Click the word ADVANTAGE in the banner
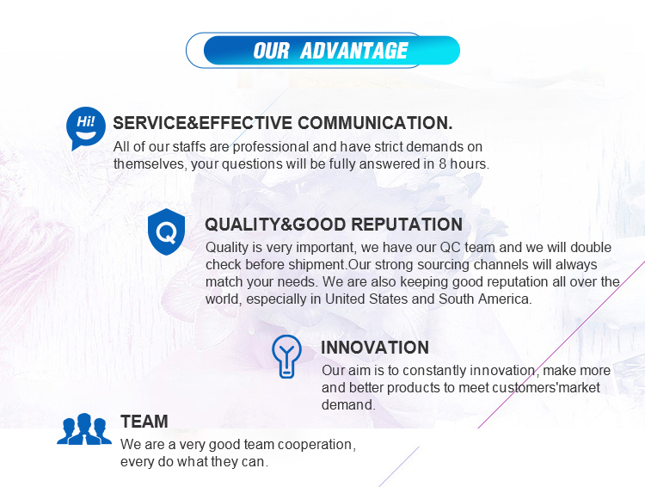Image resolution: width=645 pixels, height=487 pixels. pyautogui.click(x=353, y=51)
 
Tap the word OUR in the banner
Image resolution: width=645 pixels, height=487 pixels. pyautogui.click(x=272, y=51)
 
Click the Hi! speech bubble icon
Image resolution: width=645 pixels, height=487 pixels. pyautogui.click(x=85, y=128)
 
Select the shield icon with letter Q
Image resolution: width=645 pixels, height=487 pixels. pyautogui.click(x=166, y=231)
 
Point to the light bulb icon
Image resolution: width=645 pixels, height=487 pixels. pyautogui.click(x=286, y=356)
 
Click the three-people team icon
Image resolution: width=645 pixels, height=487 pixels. pyautogui.click(x=84, y=429)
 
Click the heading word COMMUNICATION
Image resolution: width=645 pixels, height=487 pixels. pyautogui.click(x=375, y=123)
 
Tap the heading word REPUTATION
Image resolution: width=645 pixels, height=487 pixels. pyautogui.click(x=407, y=225)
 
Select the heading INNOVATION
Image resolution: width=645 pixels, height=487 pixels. pyautogui.click(x=375, y=348)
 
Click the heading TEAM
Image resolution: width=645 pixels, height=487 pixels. pyautogui.click(x=144, y=422)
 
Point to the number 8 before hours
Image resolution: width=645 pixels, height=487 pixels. pyautogui.click(x=442, y=163)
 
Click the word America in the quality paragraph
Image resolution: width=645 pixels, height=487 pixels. pyautogui.click(x=505, y=299)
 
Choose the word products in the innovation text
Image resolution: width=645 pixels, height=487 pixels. pyautogui.click(x=414, y=388)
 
